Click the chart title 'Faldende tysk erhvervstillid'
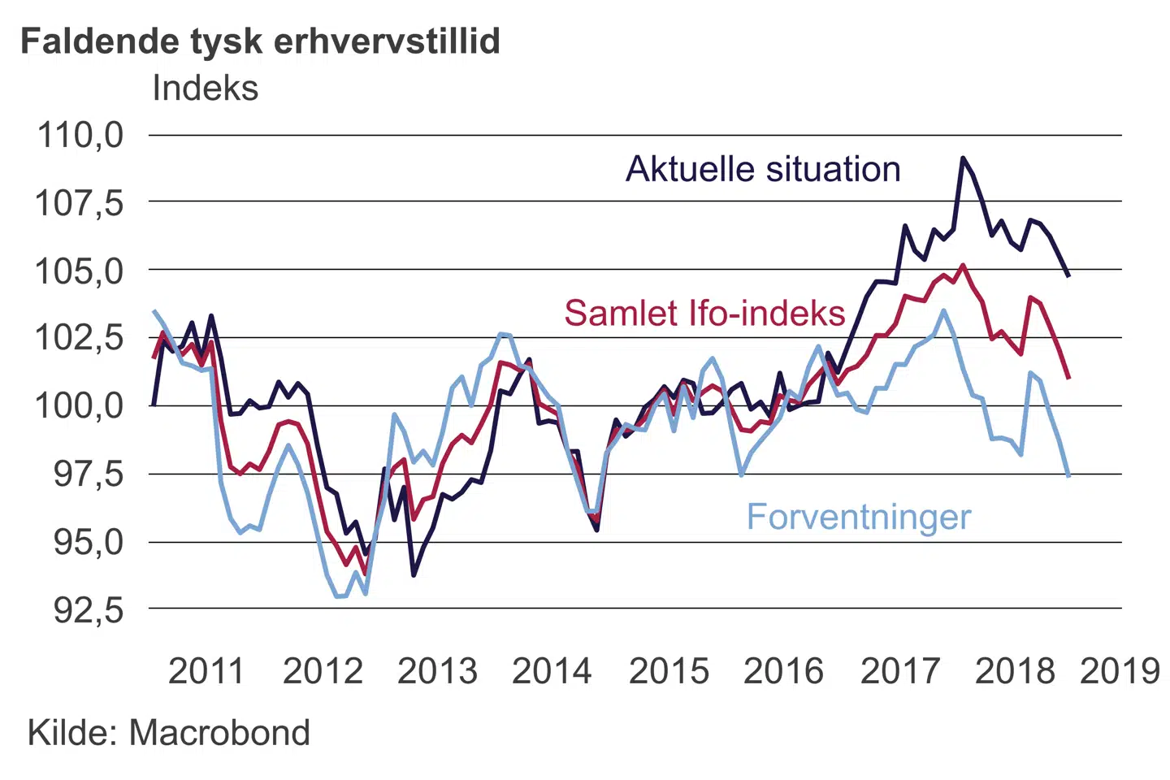pos(260,41)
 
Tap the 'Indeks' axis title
pos(205,88)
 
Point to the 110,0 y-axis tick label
pos(80,135)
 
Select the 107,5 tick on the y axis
pos(80,202)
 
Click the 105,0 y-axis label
pos(80,271)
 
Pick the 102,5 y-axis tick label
pos(80,338)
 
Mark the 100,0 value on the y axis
pos(80,405)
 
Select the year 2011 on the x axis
pos(206,671)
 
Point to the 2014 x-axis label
pos(552,671)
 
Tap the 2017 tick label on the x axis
pos(899,671)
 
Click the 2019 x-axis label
pos(1120,671)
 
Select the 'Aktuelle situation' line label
pos(763,170)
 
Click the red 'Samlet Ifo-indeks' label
pos(704,314)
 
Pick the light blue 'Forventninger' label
pos(859,518)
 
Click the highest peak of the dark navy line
pos(963,158)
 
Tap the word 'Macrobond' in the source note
pos(219,733)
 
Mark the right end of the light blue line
pos(1068,475)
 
